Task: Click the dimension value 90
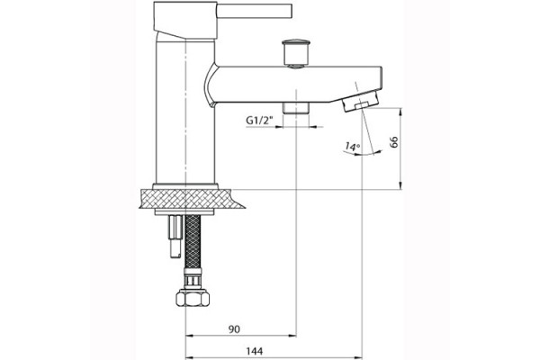[x=234, y=329]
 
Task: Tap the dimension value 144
[x=254, y=351]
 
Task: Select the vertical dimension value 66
[x=393, y=141]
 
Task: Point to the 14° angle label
[x=352, y=147]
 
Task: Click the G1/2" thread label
[x=259, y=121]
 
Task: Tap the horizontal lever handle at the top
[x=254, y=11]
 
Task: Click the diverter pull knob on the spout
[x=296, y=53]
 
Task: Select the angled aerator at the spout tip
[x=361, y=100]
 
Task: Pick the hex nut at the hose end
[x=193, y=298]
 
